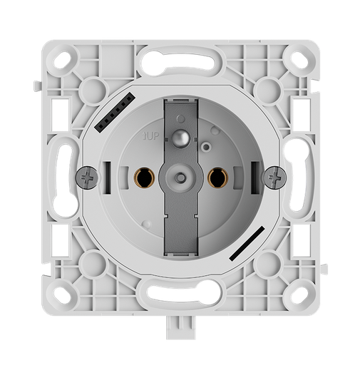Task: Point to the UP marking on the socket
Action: pos(151,133)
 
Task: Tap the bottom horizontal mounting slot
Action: pos(181,292)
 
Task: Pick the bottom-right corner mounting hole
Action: pos(296,293)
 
